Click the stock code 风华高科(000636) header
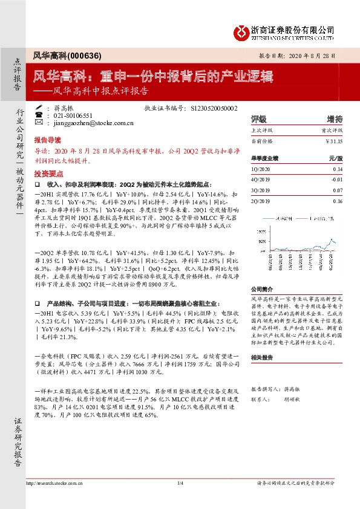pyautogui.click(x=58, y=54)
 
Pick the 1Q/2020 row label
pyautogui.click(x=260, y=170)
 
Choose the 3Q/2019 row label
pyautogui.click(x=260, y=189)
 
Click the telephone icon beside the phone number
pyautogui.click(x=39, y=114)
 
